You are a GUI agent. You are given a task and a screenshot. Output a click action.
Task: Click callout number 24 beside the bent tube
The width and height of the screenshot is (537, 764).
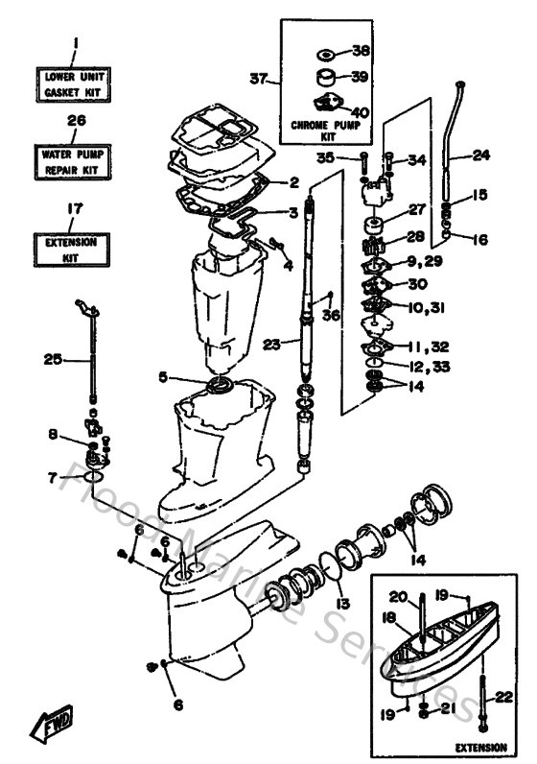pos(481,154)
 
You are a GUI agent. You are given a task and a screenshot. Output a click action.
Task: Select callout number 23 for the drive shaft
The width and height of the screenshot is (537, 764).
pos(271,341)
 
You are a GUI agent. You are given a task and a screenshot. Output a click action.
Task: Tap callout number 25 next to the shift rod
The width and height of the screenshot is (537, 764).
pos(52,360)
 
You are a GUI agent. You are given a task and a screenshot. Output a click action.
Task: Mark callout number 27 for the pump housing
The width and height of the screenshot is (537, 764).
pos(417,210)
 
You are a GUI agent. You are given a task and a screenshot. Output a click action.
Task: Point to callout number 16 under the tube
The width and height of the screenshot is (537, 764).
pos(479,238)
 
